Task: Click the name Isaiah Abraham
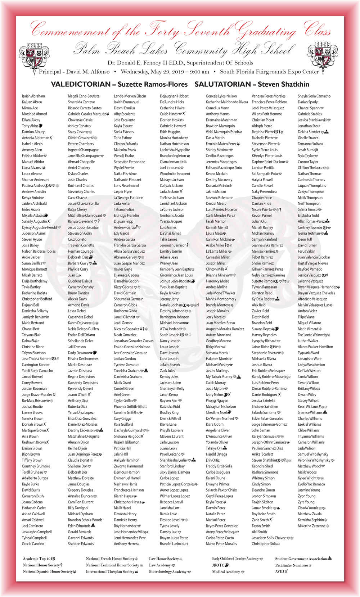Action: (x=33, y=96)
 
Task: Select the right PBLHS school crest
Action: (x=323, y=56)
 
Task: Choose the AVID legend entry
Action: (x=282, y=571)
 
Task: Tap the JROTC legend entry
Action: (x=220, y=565)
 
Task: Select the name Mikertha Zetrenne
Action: (x=311, y=526)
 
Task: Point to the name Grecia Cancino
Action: (x=33, y=544)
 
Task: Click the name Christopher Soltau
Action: (x=266, y=544)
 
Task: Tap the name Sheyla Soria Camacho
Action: (x=314, y=96)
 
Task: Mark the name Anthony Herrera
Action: (x=126, y=544)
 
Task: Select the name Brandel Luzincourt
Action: (x=174, y=544)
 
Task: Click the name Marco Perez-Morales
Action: (x=221, y=544)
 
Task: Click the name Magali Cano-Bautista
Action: (x=84, y=96)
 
